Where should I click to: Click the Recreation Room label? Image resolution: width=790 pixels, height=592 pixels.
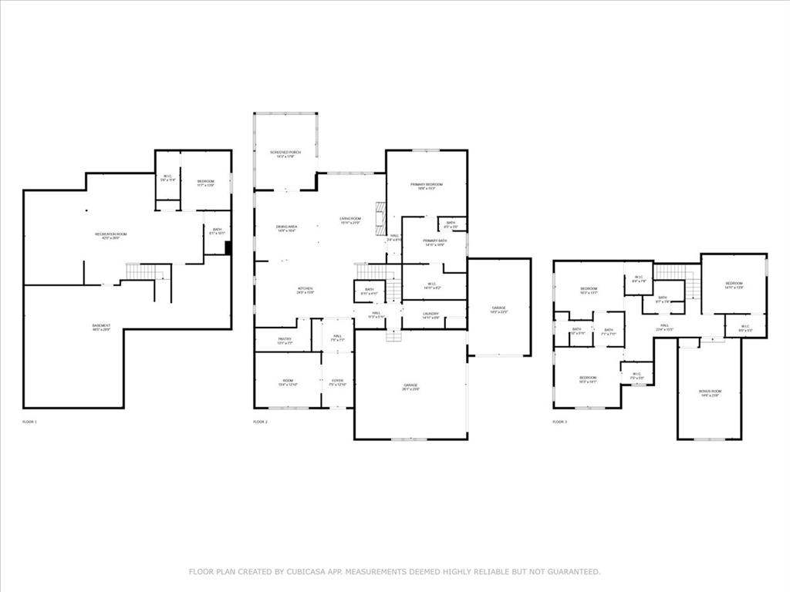click(110, 236)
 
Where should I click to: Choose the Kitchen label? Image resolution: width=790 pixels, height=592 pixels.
click(305, 290)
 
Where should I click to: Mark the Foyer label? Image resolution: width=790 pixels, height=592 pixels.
click(338, 382)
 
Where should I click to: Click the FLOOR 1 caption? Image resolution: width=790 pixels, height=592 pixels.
click(29, 422)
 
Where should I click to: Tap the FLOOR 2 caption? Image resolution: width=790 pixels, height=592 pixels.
click(260, 422)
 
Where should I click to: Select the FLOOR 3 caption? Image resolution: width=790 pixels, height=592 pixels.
click(559, 422)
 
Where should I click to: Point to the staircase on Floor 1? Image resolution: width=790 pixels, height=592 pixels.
click(146, 271)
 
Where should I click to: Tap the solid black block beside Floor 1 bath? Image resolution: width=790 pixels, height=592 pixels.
click(228, 247)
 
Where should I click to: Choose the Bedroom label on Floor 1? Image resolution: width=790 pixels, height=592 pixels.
click(205, 183)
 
